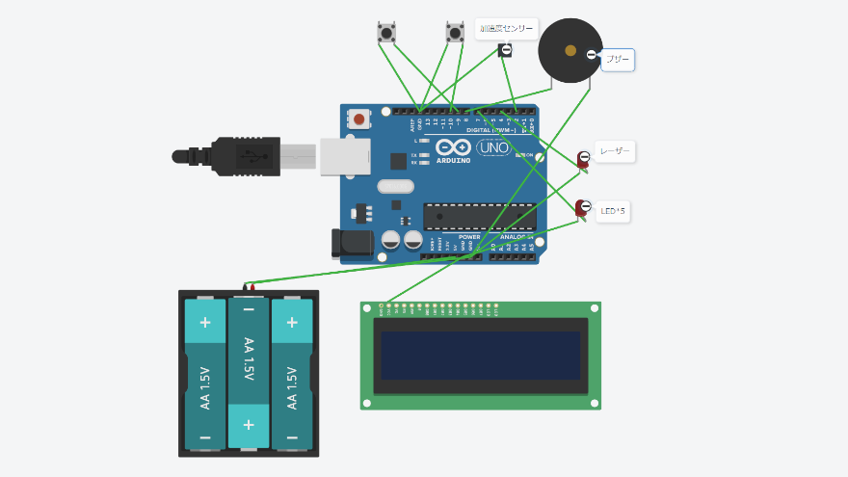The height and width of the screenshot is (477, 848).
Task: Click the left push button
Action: (386, 33)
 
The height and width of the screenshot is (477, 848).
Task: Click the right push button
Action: (455, 33)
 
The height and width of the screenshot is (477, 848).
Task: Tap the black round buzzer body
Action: (569, 51)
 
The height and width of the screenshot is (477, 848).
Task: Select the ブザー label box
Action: (618, 61)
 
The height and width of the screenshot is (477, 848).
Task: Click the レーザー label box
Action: (615, 151)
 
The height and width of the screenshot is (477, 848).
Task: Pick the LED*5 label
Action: (613, 211)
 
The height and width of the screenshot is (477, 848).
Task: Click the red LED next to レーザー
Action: (583, 159)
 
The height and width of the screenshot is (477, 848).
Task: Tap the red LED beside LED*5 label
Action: (582, 207)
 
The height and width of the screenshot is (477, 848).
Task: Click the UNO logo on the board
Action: (493, 147)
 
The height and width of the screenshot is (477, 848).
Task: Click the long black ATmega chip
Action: (479, 217)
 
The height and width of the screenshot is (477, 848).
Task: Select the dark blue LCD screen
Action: (481, 355)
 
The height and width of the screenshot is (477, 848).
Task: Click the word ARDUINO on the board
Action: (453, 160)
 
